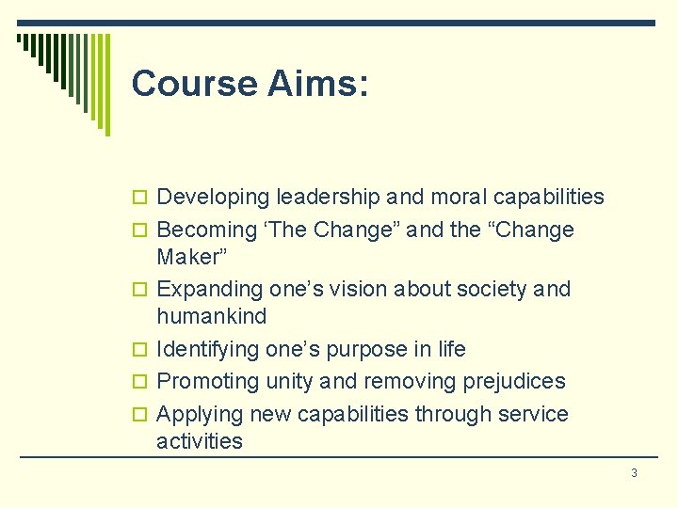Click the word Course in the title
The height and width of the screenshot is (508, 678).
[194, 84]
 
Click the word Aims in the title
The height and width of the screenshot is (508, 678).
[317, 84]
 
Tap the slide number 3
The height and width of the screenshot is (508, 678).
[634, 472]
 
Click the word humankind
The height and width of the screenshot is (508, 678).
[212, 316]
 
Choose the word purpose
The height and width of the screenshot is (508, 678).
[344, 350]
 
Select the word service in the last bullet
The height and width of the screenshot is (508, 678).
[532, 415]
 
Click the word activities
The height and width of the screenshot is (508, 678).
[200, 441]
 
